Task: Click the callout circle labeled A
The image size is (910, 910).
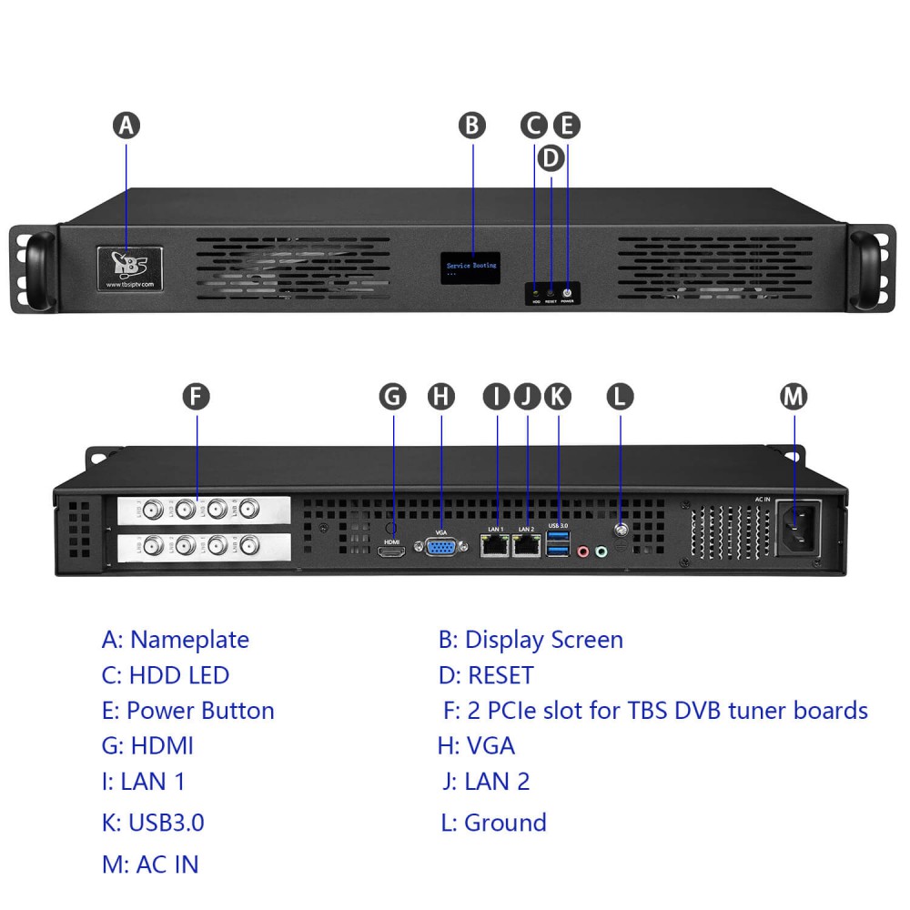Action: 126,125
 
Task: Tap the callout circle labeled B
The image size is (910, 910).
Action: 472,125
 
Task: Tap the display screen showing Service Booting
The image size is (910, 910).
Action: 472,268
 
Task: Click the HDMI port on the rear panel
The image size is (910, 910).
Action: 392,551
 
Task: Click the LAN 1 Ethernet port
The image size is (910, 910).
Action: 496,545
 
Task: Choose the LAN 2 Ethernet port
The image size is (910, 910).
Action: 526,545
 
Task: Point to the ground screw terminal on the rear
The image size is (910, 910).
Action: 621,530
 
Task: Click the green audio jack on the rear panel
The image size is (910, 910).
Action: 600,551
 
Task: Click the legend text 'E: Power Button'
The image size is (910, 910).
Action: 188,711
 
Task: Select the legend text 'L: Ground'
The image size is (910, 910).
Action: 493,823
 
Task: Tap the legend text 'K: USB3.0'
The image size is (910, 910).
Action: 153,823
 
